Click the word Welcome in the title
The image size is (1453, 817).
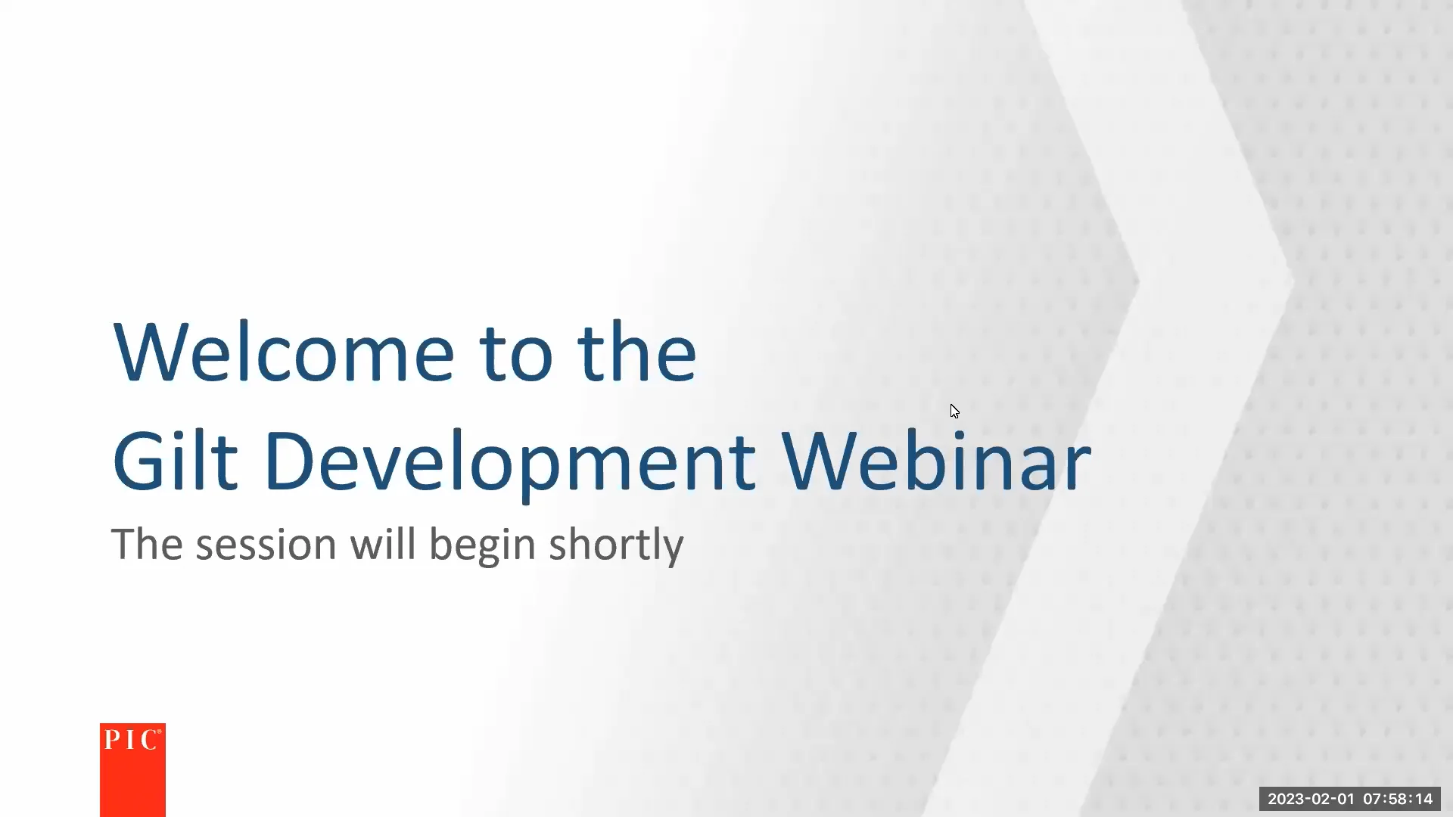click(x=283, y=353)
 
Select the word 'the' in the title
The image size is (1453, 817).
click(x=636, y=353)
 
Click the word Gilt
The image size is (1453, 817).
click(x=175, y=461)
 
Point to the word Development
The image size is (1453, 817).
click(x=509, y=463)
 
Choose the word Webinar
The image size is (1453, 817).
click(x=936, y=461)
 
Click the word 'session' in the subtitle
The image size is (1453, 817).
click(x=266, y=545)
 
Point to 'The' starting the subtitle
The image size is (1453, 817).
click(x=147, y=544)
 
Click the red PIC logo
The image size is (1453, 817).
click(x=132, y=769)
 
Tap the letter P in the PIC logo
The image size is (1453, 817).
click(x=110, y=740)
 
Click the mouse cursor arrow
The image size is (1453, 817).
click(x=954, y=411)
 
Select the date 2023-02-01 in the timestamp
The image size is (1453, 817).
click(x=1311, y=799)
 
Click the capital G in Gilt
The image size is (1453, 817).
click(x=138, y=461)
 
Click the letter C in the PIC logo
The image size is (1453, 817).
click(x=149, y=740)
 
